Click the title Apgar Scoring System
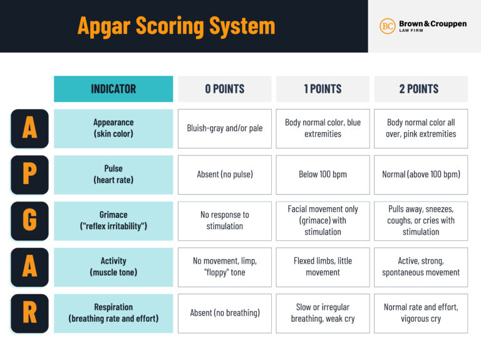click(176, 26)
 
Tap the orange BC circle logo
click(387, 26)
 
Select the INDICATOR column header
click(113, 89)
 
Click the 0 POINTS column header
click(224, 89)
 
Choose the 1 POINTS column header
click(323, 89)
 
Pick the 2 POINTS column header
click(420, 89)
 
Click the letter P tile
click(29, 175)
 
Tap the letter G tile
click(29, 220)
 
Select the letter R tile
click(29, 313)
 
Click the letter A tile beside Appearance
click(29, 128)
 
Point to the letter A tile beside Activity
click(29, 267)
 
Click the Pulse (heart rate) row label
click(113, 175)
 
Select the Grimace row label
click(113, 220)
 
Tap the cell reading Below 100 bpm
click(323, 175)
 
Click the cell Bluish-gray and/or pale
click(224, 128)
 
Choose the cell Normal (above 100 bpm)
click(420, 175)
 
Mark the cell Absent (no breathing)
click(224, 313)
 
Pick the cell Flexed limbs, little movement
click(323, 267)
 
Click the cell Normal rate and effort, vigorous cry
click(420, 313)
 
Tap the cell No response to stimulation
click(224, 220)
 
